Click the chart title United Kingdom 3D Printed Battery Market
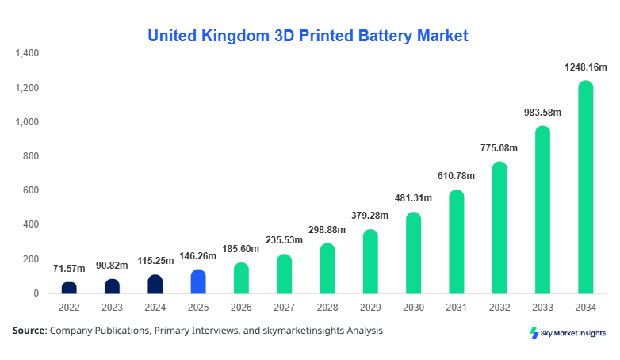pyautogui.click(x=308, y=36)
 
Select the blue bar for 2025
pyautogui.click(x=198, y=281)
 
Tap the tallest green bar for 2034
pyautogui.click(x=586, y=187)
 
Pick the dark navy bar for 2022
pyautogui.click(x=69, y=288)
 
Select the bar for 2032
pyautogui.click(x=499, y=228)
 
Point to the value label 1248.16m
pyautogui.click(x=585, y=69)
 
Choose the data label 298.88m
pyautogui.click(x=327, y=231)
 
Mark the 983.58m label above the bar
pyautogui.click(x=542, y=113)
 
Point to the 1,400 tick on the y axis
pyautogui.click(x=27, y=54)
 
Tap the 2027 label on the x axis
pyautogui.click(x=285, y=306)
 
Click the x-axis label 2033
pyautogui.click(x=542, y=306)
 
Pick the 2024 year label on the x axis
pyautogui.click(x=155, y=306)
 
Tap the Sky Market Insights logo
pyautogui.click(x=568, y=333)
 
